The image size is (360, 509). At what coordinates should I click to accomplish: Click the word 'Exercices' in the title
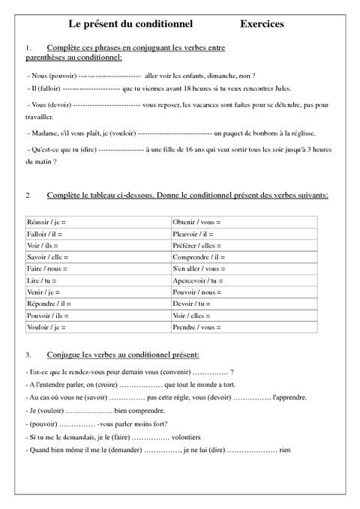pos(262,25)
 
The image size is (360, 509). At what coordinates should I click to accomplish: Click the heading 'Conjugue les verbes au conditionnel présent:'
pos(123,354)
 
